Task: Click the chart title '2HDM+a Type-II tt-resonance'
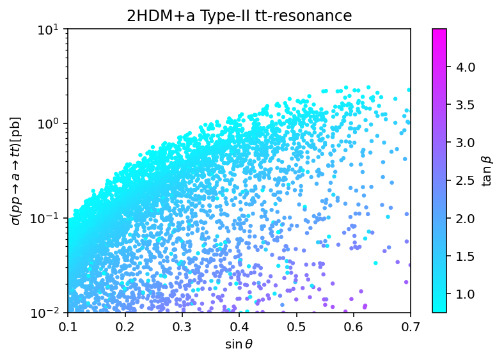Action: click(239, 16)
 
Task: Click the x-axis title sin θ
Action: click(239, 345)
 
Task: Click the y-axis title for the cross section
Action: click(16, 171)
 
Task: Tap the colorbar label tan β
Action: click(487, 170)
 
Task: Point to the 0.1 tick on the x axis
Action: click(68, 327)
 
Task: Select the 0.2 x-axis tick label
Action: click(125, 327)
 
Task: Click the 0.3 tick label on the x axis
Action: click(182, 327)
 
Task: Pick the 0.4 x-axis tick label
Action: click(239, 327)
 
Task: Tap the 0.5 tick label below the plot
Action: click(296, 327)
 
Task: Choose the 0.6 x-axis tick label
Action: click(354, 327)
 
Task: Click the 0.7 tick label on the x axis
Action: click(411, 327)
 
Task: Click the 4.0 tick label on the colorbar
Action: click(465, 67)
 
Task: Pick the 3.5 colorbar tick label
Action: click(465, 105)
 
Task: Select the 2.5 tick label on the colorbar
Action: click(465, 181)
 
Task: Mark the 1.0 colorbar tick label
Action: click(465, 294)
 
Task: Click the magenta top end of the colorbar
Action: click(439, 31)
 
